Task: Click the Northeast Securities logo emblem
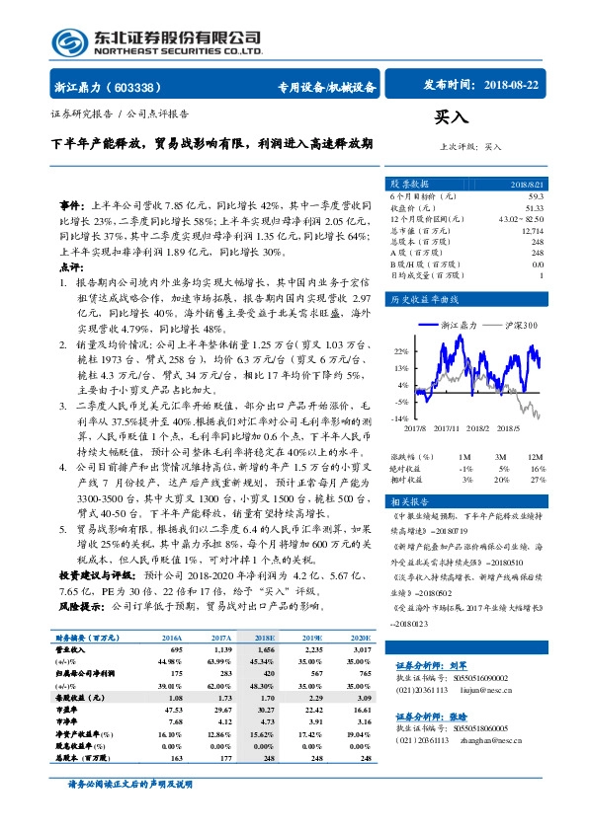pyautogui.click(x=68, y=42)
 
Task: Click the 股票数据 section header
pyautogui.click(x=408, y=185)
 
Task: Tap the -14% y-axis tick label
pyautogui.click(x=399, y=418)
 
